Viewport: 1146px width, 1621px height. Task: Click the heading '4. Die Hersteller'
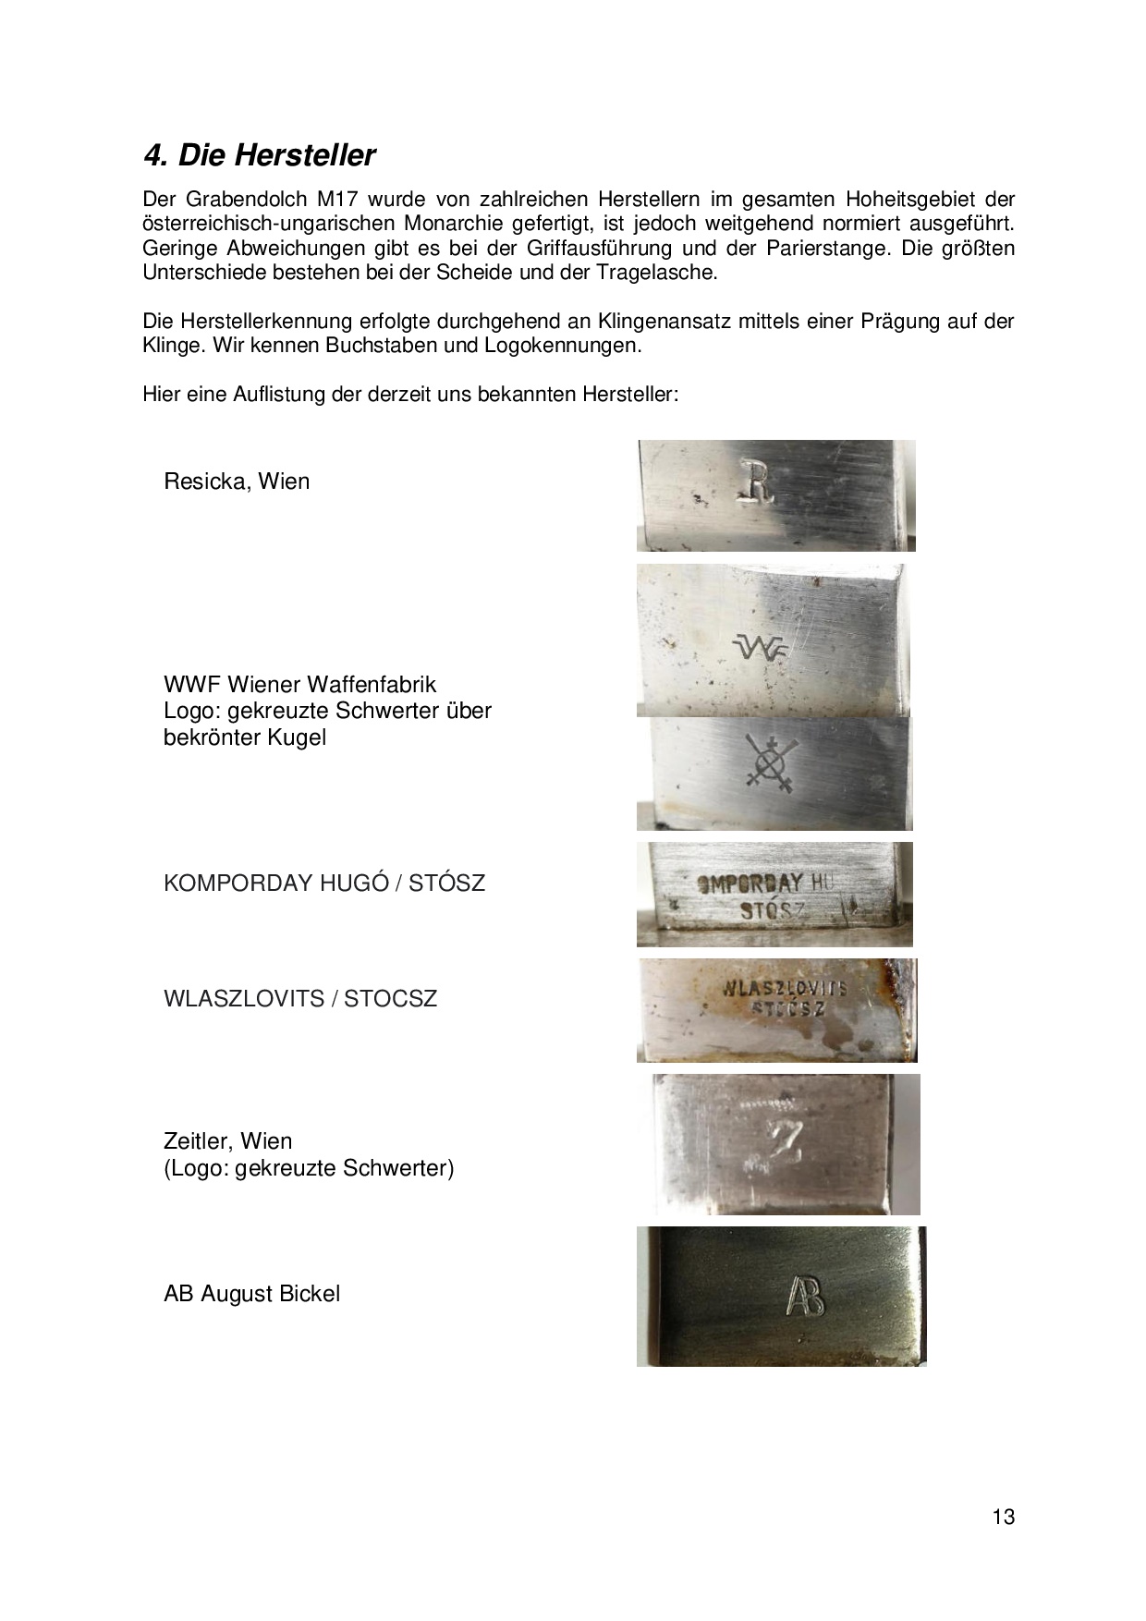[x=260, y=155]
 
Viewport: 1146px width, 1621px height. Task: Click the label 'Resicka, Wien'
[x=237, y=481]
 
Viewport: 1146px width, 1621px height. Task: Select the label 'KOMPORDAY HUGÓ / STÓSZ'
[x=323, y=883]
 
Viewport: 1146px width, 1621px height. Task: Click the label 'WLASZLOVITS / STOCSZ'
[x=299, y=999]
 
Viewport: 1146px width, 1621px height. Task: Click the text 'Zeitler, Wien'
[x=227, y=1141]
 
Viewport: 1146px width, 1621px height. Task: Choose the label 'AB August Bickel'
[x=251, y=1294]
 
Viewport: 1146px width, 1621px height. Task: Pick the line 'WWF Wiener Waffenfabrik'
[x=299, y=685]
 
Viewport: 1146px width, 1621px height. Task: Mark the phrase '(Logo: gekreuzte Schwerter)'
[x=309, y=1168]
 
